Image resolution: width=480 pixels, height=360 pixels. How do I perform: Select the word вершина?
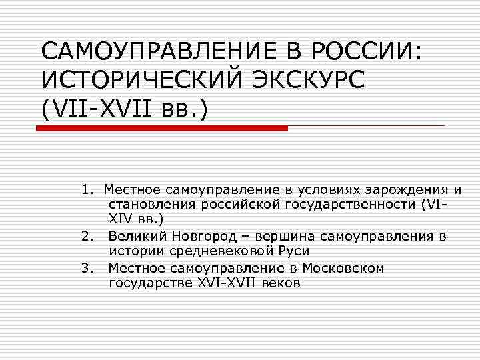274,236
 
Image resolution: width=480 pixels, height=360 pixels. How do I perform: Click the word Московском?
343,268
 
